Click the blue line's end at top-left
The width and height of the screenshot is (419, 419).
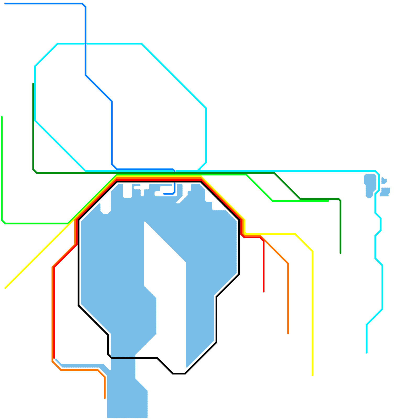pyautogui.click(x=5, y=4)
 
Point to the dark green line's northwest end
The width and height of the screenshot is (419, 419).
pyautogui.click(x=33, y=84)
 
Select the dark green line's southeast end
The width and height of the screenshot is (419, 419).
pyautogui.click(x=340, y=253)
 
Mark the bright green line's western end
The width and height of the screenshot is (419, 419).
pyautogui.click(x=2, y=117)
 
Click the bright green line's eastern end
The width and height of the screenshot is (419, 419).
pyautogui.click(x=328, y=201)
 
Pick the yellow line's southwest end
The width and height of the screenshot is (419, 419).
pyautogui.click(x=5, y=288)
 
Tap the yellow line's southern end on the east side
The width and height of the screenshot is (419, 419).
pyautogui.click(x=313, y=375)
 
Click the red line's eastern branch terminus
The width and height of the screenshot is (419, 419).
pyautogui.click(x=263, y=291)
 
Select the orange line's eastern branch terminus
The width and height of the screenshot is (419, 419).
pyautogui.click(x=288, y=333)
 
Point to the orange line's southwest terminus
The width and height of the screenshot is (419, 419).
pyautogui.click(x=105, y=398)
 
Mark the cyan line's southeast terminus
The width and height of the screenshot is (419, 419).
pyautogui.click(x=367, y=352)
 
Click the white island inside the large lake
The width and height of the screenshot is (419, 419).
pyautogui.click(x=165, y=262)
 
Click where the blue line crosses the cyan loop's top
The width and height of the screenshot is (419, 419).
pyautogui.click(x=86, y=43)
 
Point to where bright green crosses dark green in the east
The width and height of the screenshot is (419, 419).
pyautogui.click(x=300, y=200)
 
